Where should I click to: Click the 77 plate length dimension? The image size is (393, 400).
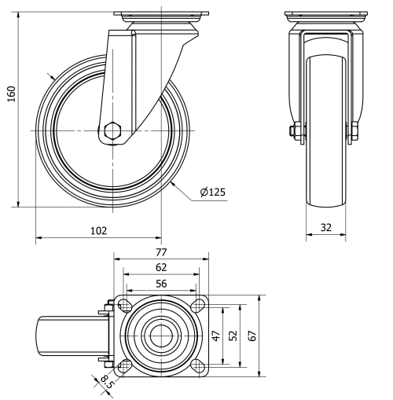(x=160, y=254)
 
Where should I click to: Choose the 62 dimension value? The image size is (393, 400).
(x=160, y=267)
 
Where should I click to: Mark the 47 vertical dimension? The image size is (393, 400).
(x=216, y=336)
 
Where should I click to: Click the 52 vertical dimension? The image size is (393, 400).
(x=233, y=336)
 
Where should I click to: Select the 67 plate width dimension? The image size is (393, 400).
(x=252, y=336)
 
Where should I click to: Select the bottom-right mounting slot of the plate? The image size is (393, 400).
(x=197, y=365)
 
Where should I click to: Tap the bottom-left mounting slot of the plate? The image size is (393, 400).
(x=123, y=365)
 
